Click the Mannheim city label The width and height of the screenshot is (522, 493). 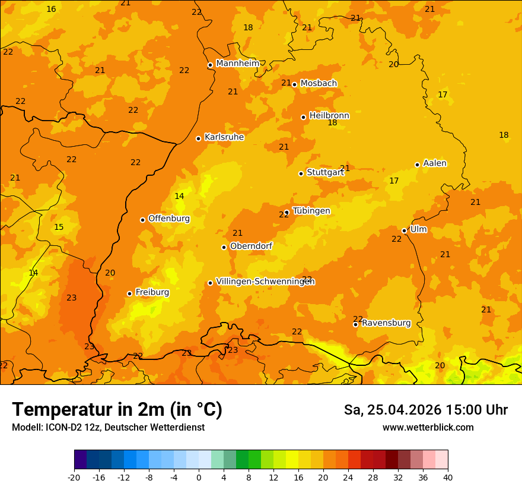(237, 63)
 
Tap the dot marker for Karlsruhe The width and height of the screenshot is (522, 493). (198, 138)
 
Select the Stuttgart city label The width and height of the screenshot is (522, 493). (325, 172)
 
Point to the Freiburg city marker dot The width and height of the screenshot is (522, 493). (129, 293)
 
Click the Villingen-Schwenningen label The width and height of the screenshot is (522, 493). (265, 282)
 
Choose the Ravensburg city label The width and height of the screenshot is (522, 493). (386, 323)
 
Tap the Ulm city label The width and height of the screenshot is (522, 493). (418, 229)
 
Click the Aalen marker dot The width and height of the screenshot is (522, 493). (417, 165)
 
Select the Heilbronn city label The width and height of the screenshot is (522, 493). (329, 115)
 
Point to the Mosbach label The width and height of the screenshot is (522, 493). (319, 83)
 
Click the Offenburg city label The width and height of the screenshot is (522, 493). (169, 219)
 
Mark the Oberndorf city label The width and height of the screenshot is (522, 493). (251, 246)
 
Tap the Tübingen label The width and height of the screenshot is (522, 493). (311, 211)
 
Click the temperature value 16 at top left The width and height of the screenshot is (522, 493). (51, 9)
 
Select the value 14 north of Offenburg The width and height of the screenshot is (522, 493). (179, 196)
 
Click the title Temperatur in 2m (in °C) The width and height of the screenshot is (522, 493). (117, 409)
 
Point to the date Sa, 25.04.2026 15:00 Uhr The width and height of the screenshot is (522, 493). (425, 410)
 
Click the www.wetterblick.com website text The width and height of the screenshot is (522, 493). (428, 427)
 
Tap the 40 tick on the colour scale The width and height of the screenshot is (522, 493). (447, 477)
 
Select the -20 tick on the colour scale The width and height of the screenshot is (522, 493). (74, 477)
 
